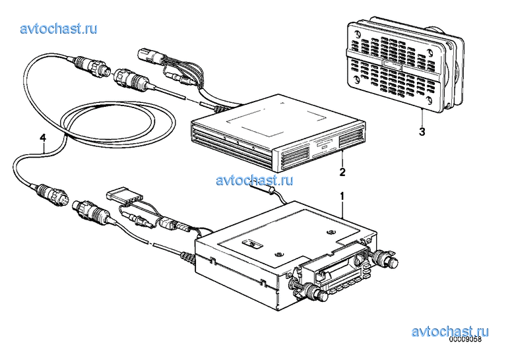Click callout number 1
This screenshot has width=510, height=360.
[342, 196]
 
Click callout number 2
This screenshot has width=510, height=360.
[342, 172]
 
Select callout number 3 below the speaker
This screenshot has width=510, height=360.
[422, 132]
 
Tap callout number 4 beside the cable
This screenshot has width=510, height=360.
[43, 138]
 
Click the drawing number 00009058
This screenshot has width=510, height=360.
[464, 340]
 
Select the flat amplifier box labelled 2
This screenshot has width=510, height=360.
[278, 133]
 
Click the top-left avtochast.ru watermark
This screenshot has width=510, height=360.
[59, 28]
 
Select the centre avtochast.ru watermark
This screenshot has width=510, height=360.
[255, 180]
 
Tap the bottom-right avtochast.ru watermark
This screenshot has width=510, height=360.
[450, 332]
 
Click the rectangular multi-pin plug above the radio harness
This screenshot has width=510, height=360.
[120, 197]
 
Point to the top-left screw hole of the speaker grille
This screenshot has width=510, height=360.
[356, 34]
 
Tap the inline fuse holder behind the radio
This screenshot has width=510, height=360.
[262, 189]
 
